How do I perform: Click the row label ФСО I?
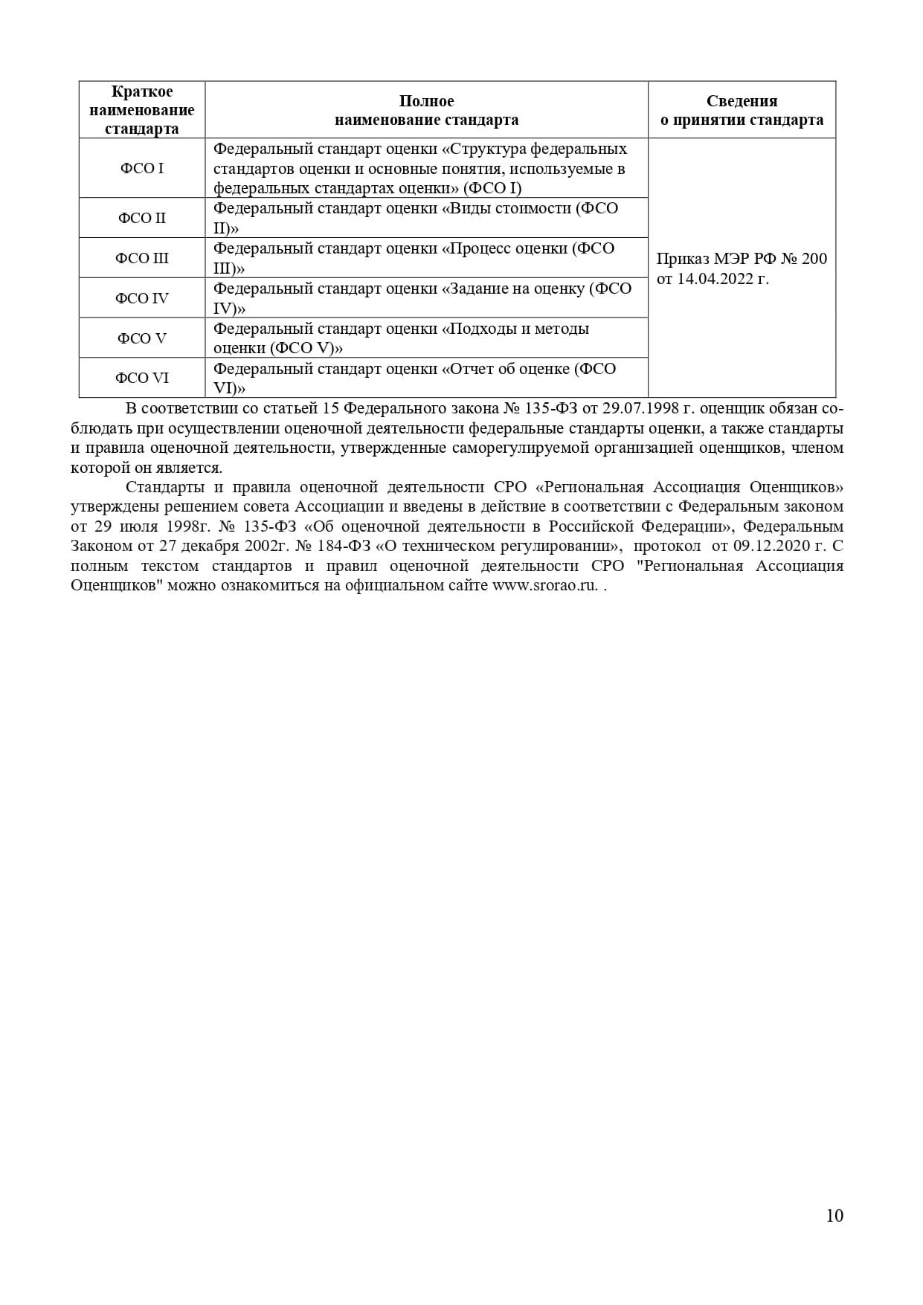[x=142, y=168]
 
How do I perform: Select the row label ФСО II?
[x=142, y=218]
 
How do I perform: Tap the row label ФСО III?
[x=142, y=258]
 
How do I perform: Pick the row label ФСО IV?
[x=142, y=298]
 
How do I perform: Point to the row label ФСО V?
[x=142, y=338]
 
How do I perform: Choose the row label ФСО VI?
[x=142, y=378]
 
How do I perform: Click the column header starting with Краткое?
[x=142, y=110]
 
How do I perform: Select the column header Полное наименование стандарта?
[x=426, y=110]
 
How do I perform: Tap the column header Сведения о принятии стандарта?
[x=742, y=110]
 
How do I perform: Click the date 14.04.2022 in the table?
[x=715, y=279]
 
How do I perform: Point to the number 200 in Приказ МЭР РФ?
[x=814, y=259]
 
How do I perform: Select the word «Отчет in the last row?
[x=469, y=369]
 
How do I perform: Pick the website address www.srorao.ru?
[x=545, y=585]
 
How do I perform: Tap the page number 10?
[x=834, y=1215]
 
